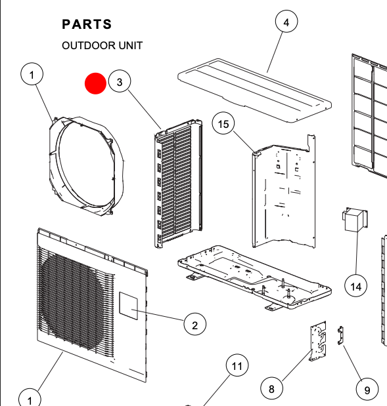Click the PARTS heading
(87, 24)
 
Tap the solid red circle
(95, 83)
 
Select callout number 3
(120, 82)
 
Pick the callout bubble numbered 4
(286, 22)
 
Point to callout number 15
(224, 124)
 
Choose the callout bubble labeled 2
(194, 324)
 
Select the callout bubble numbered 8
(272, 388)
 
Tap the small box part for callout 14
(354, 222)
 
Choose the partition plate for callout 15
(283, 190)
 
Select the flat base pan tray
(250, 275)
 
